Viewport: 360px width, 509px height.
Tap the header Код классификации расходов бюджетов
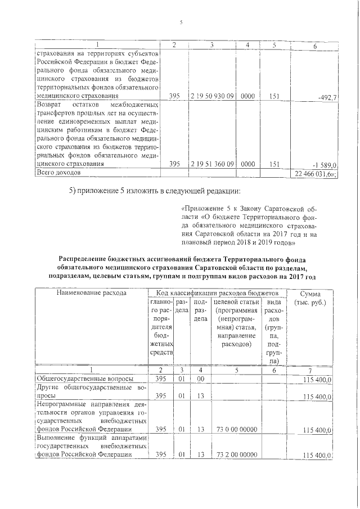(x=217, y=293)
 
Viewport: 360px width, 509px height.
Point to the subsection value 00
(x=201, y=380)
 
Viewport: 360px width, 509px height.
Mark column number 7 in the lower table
(x=310, y=370)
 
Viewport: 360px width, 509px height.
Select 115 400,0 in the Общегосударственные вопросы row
(x=318, y=380)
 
